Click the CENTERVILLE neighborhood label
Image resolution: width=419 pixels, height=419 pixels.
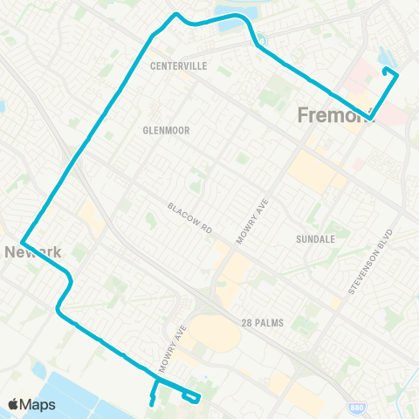tap(178, 65)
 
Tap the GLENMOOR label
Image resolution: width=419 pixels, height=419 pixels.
tap(166, 129)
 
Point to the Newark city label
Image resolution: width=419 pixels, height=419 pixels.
tap(33, 252)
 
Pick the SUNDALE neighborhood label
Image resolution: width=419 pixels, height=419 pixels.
tap(316, 237)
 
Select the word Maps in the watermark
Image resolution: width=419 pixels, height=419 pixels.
tap(39, 404)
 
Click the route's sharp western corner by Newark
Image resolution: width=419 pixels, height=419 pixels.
tap(20, 242)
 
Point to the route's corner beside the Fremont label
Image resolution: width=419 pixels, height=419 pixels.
tap(371, 118)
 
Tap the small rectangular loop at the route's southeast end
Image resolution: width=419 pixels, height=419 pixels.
tap(192, 398)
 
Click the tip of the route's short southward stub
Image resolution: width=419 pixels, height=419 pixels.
tap(152, 404)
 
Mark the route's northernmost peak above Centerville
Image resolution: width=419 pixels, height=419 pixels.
tap(177, 14)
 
